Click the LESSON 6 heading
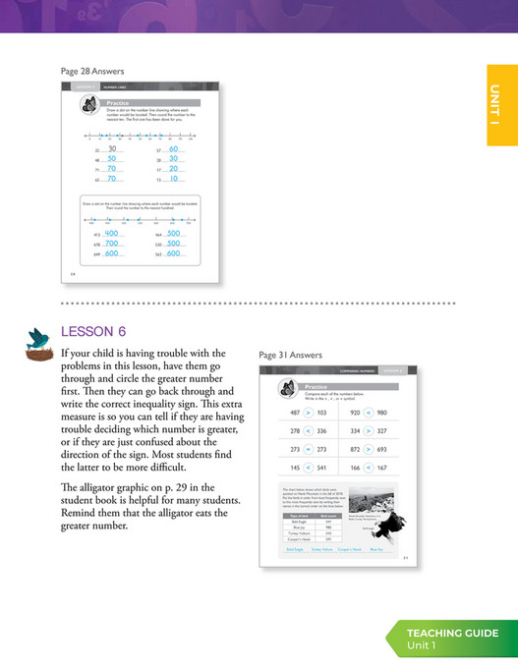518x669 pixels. (93, 332)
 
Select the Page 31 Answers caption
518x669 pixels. (291, 356)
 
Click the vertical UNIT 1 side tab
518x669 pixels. (501, 104)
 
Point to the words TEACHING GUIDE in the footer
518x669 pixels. (452, 633)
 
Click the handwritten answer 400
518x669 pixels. (111, 233)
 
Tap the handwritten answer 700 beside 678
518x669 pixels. (111, 243)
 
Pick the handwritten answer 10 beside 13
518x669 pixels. (173, 179)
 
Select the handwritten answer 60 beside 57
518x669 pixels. (173, 149)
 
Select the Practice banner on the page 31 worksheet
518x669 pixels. (319, 387)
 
